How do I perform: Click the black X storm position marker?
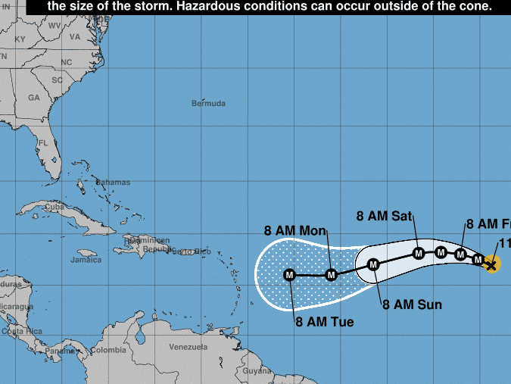coord(491,264)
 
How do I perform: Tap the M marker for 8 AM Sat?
coord(419,253)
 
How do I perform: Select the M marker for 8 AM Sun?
coord(373,264)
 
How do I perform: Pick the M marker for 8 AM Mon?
coord(331,275)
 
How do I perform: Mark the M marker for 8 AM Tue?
coord(289,275)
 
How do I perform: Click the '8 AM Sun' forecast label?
coord(412,304)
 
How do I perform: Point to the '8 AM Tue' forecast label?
coord(325,322)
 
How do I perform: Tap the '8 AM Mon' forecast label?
coord(294,230)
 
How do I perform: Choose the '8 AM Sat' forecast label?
coord(384,216)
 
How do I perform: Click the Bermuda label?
coord(208,103)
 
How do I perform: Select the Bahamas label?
coord(113,183)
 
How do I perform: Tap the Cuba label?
coord(54,206)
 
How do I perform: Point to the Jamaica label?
coord(86,260)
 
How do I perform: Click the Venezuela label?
coord(189,347)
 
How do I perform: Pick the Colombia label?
coord(108,350)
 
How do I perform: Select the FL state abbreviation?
coord(43,142)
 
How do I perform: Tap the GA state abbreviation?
coord(33,98)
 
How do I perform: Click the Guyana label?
coord(257,370)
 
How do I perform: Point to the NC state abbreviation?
coord(67,62)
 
